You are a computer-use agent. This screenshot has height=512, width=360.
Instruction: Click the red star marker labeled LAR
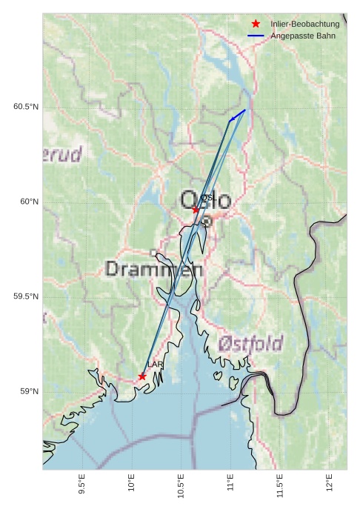[x=142, y=376]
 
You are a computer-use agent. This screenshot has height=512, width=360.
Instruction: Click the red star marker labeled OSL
[x=196, y=210]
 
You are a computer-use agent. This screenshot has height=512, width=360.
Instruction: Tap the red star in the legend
[x=256, y=24]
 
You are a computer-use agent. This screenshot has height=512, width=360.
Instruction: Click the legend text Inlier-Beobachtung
[x=304, y=24]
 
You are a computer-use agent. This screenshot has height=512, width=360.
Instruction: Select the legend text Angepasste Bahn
[x=302, y=36]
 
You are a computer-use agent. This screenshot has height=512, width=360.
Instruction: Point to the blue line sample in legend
[x=256, y=36]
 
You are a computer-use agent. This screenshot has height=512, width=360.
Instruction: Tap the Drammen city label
[x=154, y=269]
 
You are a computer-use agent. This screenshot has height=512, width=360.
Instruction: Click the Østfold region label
[x=250, y=344]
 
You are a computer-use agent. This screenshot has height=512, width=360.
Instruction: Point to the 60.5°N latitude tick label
[x=25, y=107]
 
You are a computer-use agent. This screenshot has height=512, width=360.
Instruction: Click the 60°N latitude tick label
[x=29, y=202]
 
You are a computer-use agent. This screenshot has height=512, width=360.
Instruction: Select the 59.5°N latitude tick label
[x=25, y=296]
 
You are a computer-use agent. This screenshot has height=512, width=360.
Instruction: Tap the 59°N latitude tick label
[x=29, y=391]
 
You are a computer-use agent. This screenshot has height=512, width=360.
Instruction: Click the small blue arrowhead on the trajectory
[x=233, y=118]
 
